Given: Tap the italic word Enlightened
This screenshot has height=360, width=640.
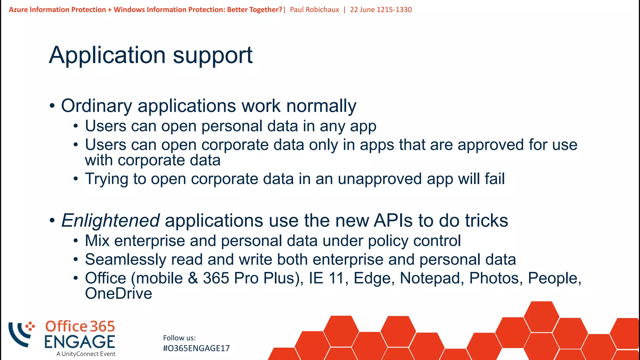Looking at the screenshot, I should coord(111,221).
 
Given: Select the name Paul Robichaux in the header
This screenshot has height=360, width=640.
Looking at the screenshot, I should coord(314,10).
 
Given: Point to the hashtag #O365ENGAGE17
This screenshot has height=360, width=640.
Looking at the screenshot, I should coord(196,348).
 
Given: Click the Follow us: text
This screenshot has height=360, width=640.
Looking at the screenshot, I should coord(179,338).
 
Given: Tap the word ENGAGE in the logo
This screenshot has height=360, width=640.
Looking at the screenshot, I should coord(80,342).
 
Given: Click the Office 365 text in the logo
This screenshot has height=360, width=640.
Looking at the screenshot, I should coord(80,327).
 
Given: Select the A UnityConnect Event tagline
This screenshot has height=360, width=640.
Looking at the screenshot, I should coord(86,354).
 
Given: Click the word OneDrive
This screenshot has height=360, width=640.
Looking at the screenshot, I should coord(118,294).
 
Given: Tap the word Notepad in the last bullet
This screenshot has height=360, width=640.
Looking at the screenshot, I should coord(432,278).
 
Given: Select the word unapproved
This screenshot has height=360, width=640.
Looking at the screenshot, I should coord(380,179).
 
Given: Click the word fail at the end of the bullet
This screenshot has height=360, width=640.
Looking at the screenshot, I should coord(494,179).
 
